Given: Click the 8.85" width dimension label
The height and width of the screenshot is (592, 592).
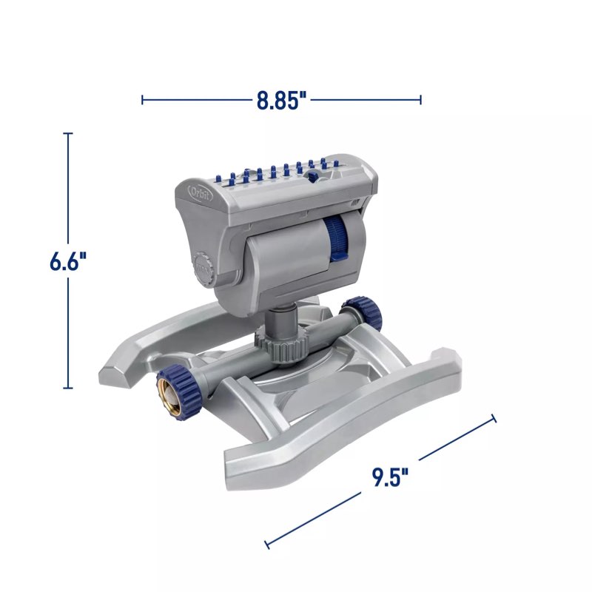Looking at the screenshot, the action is (282, 101).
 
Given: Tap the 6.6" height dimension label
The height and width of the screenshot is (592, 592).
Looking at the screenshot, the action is (68, 261).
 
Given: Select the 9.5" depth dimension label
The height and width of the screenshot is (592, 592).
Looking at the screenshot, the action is (390, 477).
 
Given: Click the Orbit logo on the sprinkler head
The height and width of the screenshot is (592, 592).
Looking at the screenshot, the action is (201, 194).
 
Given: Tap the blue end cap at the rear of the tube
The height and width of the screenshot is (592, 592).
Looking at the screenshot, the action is (362, 312).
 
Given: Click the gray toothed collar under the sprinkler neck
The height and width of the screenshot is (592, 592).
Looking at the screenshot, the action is (281, 343).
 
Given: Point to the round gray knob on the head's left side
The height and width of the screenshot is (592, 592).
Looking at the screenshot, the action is (204, 270).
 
